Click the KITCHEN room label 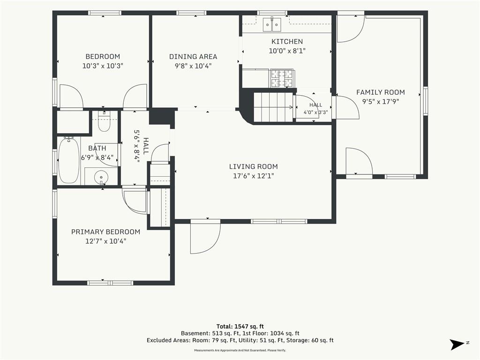(x=287, y=41)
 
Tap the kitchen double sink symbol (x=272, y=24)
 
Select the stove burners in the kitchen (x=281, y=78)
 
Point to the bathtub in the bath (x=69, y=160)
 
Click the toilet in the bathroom (x=104, y=122)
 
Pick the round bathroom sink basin (x=101, y=177)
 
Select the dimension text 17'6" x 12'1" (x=254, y=176)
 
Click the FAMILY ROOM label (x=381, y=92)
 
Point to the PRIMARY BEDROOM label (x=105, y=232)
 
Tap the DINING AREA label (x=193, y=57)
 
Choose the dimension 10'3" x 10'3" (x=103, y=66)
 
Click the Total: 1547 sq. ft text (x=240, y=326)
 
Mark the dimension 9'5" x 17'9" (x=381, y=102)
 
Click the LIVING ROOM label (x=254, y=166)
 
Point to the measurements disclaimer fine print (x=240, y=350)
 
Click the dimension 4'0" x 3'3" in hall (x=315, y=112)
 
